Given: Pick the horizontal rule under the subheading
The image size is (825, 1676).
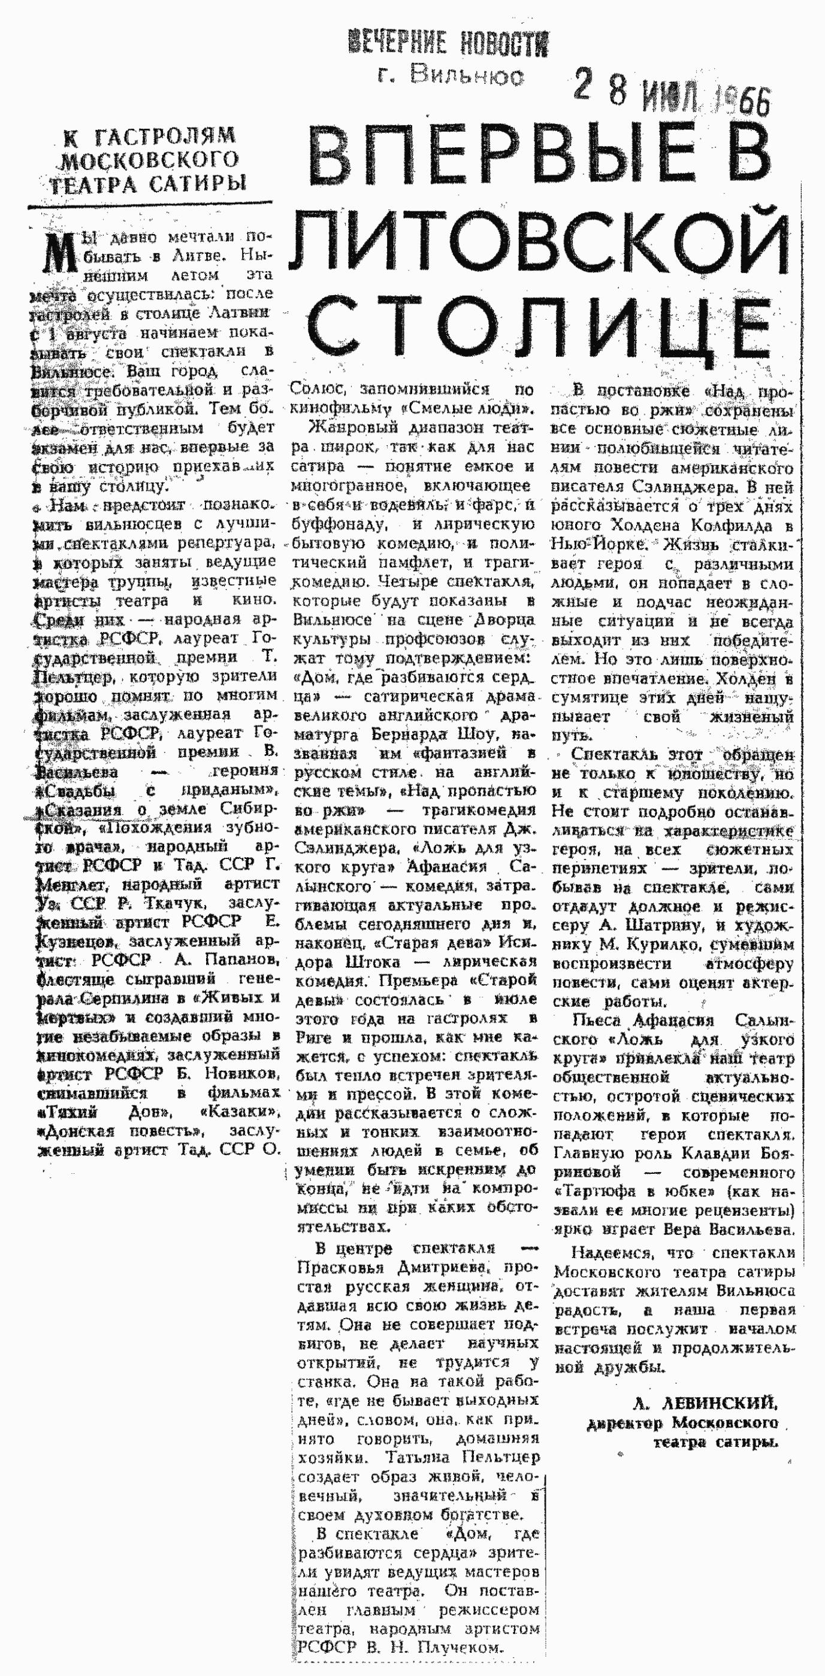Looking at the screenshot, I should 150,205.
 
